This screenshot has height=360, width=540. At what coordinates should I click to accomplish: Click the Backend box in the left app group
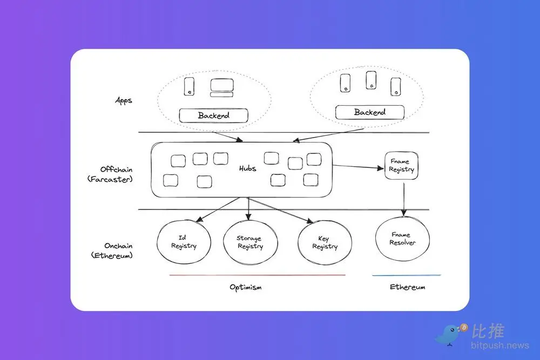coord(213,116)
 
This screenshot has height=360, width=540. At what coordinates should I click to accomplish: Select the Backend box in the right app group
coord(369,112)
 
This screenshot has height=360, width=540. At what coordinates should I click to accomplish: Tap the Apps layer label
coord(124,100)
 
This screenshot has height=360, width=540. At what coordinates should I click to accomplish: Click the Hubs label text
coord(247,168)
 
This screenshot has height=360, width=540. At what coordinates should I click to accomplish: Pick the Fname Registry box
coord(402,165)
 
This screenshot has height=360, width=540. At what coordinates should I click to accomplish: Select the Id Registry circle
coord(184,242)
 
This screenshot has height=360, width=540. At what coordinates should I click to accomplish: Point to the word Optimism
coord(246,287)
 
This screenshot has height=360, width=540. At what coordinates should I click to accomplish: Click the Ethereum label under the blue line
coord(407,287)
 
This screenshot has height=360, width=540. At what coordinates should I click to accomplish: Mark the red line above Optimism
coord(257,275)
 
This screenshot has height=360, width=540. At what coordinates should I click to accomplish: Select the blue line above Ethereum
coord(406,275)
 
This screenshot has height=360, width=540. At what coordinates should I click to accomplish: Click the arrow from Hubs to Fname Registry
coord(356,166)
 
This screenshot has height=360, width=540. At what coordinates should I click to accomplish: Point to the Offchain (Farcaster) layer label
coord(109,174)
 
